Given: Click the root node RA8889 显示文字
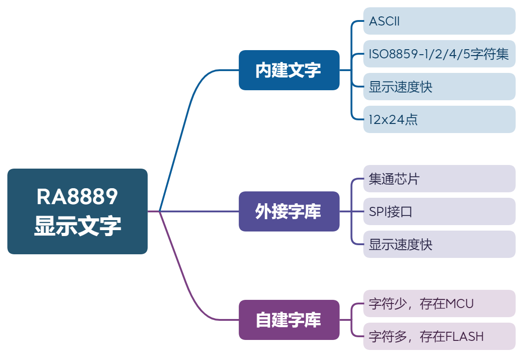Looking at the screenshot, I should point(77,211).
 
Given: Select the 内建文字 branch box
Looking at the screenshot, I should point(289,70).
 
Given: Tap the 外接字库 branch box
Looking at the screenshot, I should point(289,211).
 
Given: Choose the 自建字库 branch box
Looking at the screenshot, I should point(289,320).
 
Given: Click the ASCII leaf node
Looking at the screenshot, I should point(439,21).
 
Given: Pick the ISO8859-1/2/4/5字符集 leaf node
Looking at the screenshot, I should point(439,54).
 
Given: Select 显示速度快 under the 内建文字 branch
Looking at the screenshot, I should point(439,87).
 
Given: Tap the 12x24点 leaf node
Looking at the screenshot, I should point(439,119).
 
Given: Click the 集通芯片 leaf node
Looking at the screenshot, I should point(439,179).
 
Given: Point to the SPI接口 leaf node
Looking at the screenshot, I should point(439,211).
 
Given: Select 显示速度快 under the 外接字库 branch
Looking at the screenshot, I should point(439,244).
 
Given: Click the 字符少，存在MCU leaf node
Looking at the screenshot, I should point(439,303).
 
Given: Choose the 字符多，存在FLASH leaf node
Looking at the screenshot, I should point(439,336).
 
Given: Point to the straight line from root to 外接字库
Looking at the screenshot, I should point(200,211).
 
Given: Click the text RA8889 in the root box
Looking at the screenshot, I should point(77,197).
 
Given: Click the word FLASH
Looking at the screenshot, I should point(464,336).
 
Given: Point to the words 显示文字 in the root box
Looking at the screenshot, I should point(77,226).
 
